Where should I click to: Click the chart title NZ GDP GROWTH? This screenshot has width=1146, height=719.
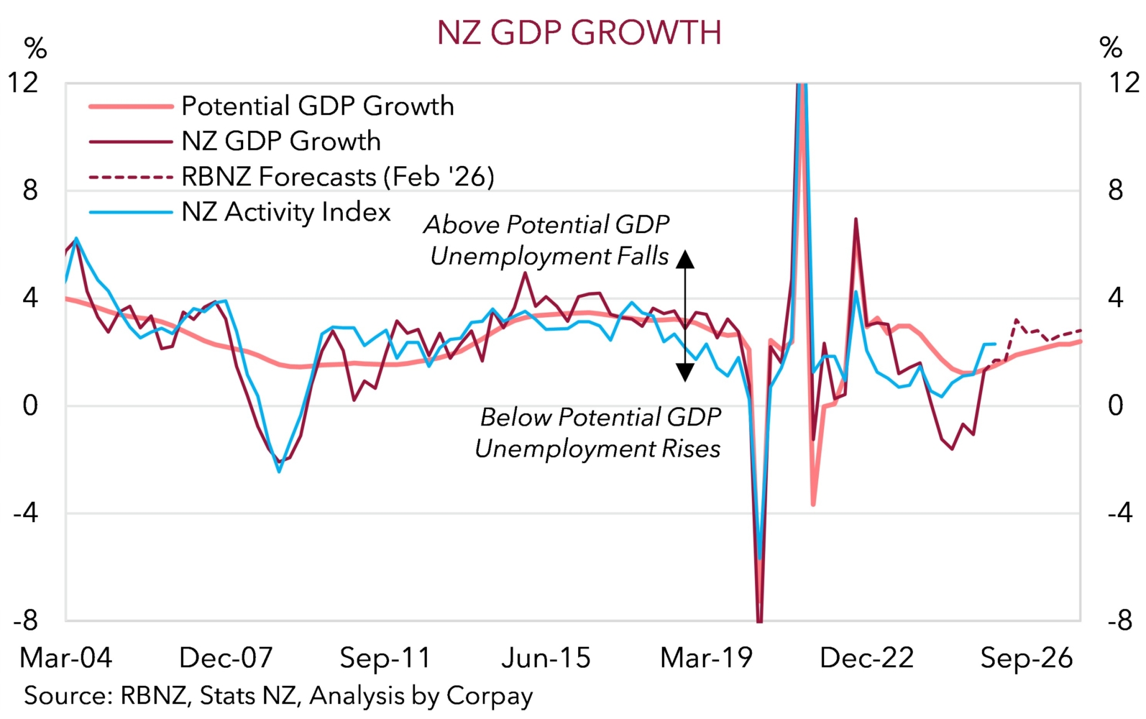pos(579,33)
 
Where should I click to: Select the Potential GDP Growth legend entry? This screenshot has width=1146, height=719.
pos(317,106)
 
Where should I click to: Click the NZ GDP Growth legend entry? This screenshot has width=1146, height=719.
pos(280,142)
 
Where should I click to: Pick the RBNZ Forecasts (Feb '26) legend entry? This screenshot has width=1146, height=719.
pos(337,177)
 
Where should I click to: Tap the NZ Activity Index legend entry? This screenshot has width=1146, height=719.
pos(285,212)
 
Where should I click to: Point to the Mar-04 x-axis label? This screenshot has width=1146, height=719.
pos(66,658)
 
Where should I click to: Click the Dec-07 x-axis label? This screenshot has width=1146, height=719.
pos(226,658)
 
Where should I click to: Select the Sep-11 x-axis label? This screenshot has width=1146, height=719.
pos(385,658)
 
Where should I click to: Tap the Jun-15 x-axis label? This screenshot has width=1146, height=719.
pos(546,658)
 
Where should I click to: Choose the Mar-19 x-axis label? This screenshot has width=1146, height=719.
pos(706,658)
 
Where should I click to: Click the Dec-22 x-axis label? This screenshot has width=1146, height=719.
pos(866,658)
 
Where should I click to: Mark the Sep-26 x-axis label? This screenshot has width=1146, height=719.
pos(1026,658)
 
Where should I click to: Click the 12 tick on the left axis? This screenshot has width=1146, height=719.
pos(23,83)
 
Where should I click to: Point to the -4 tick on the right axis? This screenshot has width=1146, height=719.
pos(1120,513)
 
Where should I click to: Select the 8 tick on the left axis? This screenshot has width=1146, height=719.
pos(29,191)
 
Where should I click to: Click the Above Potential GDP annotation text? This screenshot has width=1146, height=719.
pos(546,225)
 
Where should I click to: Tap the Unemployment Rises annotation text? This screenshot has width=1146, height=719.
pos(597,449)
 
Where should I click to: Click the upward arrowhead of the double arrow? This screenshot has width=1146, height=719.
pos(685,259)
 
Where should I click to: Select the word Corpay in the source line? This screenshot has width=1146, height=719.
pos(490,696)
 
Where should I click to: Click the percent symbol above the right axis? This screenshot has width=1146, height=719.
pos(1111,48)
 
